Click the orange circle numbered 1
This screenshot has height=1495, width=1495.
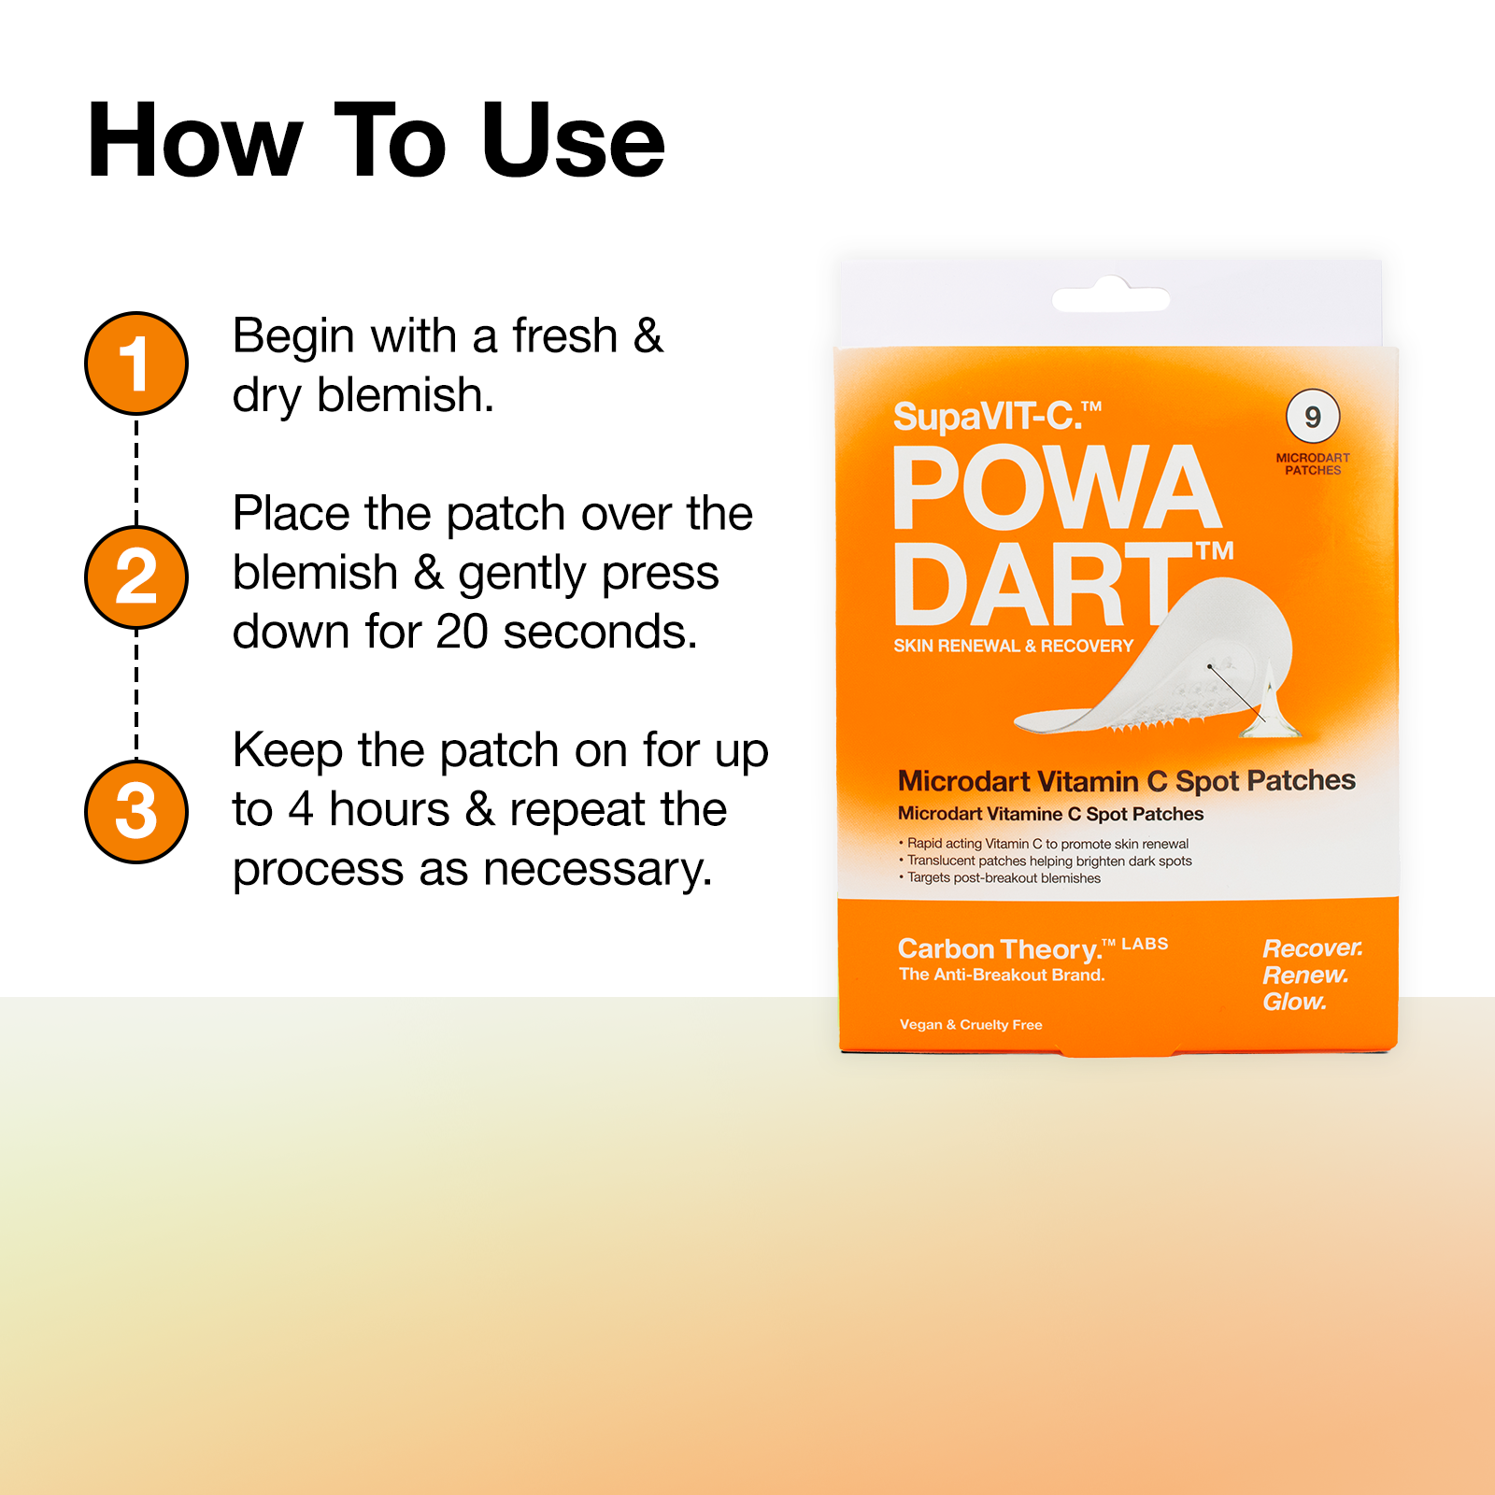coord(136,363)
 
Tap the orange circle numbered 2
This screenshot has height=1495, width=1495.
coord(136,577)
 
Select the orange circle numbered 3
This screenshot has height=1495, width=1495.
coord(136,811)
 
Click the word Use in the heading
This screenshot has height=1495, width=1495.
coord(572,142)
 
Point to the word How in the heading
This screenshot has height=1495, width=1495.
coord(194,142)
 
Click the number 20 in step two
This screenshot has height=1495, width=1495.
coord(462,633)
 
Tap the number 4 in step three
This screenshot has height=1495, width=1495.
coord(301,809)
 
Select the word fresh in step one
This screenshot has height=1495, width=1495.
coord(564,336)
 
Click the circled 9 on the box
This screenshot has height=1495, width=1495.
coord(1312,417)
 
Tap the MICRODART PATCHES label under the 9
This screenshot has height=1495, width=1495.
coord(1312,464)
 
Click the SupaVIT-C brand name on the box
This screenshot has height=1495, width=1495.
coord(996,417)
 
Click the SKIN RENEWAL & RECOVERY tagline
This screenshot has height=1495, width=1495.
coord(1013,646)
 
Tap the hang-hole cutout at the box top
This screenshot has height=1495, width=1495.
coord(1110,298)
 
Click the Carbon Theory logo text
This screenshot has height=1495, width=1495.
coord(1000,949)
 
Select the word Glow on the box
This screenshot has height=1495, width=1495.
coord(1294,1002)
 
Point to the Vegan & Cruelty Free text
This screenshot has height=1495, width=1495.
coord(971,1025)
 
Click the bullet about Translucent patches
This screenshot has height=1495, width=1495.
coord(1048,861)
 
